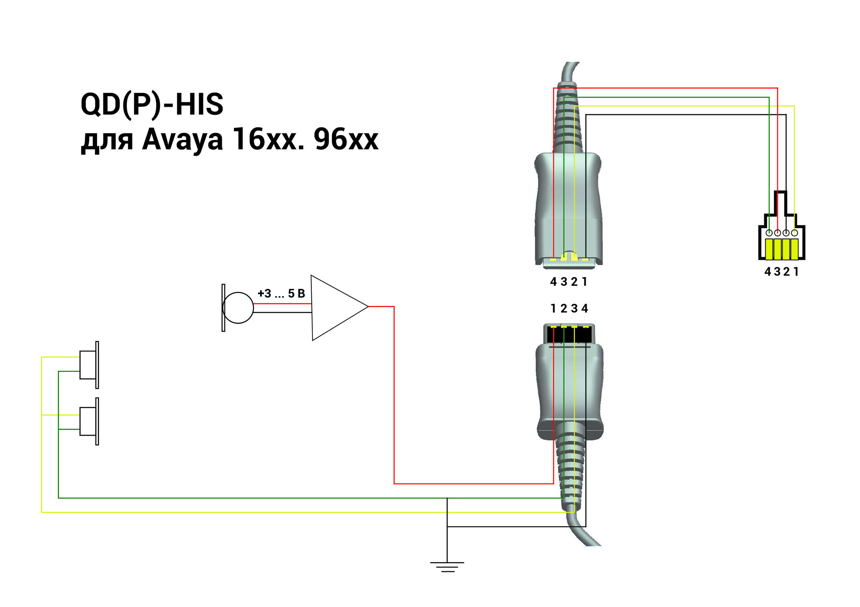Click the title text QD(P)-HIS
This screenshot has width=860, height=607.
coord(152,105)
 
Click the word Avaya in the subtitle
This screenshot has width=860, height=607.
coord(182,139)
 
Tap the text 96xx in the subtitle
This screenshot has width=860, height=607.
coord(346,139)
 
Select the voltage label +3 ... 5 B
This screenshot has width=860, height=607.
coord(281,294)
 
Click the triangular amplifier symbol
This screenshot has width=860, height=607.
coord(335,307)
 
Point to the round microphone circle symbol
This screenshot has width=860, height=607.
coord(238,308)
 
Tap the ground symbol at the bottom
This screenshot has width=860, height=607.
coord(447,566)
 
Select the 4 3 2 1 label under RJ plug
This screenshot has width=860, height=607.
coord(781,272)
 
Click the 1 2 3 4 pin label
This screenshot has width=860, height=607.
coord(569,309)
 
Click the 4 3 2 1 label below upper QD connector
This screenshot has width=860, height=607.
coord(568,282)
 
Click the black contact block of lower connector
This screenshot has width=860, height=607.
coord(569,334)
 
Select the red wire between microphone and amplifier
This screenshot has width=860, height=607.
coord(282,304)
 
